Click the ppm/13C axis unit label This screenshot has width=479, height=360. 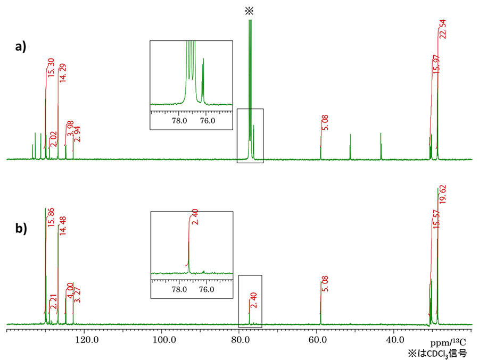pos(448,341)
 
